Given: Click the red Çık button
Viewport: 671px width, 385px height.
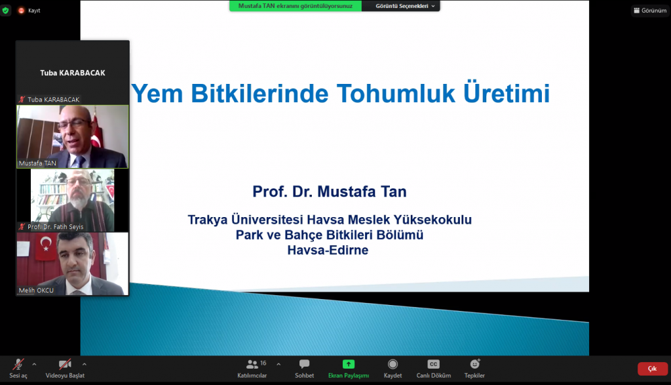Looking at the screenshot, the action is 652,369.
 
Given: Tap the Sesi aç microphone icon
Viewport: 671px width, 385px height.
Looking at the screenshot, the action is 18,364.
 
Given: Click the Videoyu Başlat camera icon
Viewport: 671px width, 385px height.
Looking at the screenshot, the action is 65,364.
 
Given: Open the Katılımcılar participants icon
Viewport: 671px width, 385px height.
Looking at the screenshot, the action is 252,365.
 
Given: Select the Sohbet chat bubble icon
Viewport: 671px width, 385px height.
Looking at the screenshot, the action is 304,364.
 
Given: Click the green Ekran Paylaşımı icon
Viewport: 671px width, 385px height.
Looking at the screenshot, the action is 349,364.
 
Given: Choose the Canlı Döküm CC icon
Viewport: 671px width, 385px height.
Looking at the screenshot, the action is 434,364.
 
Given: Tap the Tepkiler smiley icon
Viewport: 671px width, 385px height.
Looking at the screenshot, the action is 474,364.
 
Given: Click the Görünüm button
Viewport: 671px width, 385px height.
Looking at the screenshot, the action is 649,10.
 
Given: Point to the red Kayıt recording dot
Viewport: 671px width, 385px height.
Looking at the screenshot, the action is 21,10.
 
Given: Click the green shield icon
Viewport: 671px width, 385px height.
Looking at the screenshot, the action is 5,10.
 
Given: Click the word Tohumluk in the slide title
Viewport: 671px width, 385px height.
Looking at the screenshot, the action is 395,93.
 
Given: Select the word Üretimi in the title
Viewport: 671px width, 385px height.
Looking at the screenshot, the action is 507,92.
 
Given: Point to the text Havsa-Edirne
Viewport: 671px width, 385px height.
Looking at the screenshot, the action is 328,250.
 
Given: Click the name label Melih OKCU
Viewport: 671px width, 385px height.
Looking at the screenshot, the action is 36,291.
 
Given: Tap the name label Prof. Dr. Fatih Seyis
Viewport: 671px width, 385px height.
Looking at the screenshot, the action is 55,226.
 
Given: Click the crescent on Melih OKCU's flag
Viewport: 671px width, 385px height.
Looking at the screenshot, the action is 45,243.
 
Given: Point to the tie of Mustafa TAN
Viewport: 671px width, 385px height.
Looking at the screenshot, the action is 80,162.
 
